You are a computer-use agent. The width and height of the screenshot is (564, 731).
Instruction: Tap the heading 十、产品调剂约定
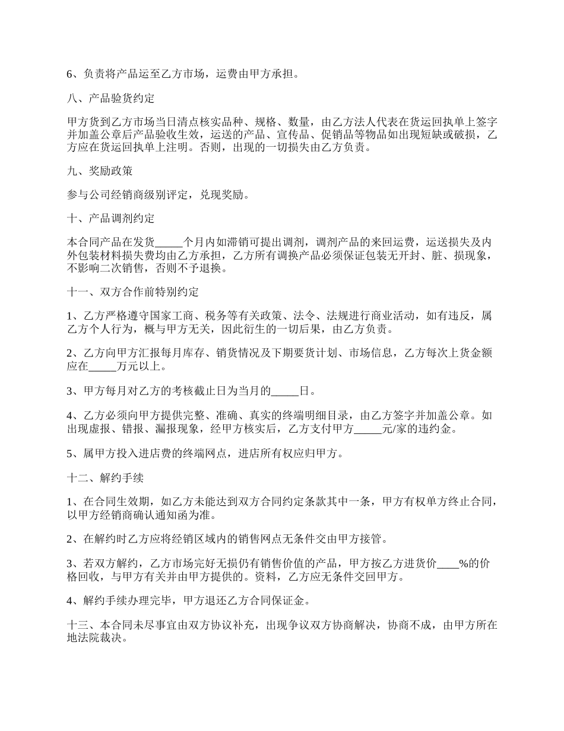[x=111, y=218]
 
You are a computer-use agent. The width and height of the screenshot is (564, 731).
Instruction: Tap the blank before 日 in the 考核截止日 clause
[x=285, y=391]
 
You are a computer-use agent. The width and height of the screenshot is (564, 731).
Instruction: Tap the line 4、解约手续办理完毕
[x=188, y=601]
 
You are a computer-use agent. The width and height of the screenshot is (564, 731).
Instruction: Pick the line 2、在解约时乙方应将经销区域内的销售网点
[x=229, y=539]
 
